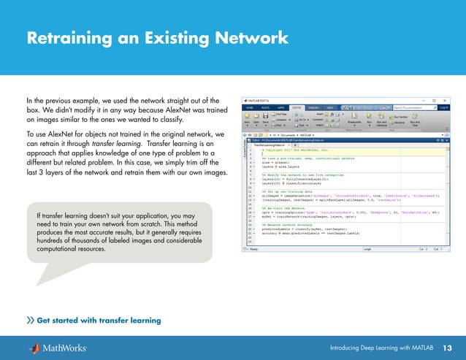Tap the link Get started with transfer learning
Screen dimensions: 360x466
[98, 320]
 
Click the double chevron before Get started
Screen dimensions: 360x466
[30, 320]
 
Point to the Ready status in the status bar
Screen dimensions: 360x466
[253, 248]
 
